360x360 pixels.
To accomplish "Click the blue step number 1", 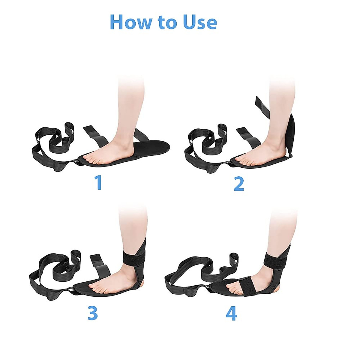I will [98, 183].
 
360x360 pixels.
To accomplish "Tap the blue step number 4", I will [231, 313].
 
